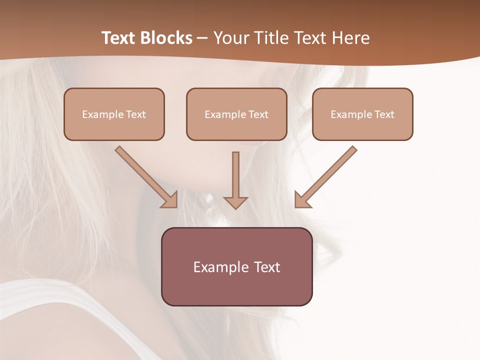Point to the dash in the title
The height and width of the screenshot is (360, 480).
[202, 38]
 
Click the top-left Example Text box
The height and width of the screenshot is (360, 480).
[114, 114]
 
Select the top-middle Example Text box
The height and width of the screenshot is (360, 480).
[236, 114]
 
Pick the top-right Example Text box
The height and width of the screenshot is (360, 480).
[362, 114]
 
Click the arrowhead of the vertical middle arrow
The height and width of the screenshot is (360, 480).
[235, 202]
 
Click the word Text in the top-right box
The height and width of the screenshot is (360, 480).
[384, 114]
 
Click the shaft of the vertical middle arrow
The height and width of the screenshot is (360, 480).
[235, 172]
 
